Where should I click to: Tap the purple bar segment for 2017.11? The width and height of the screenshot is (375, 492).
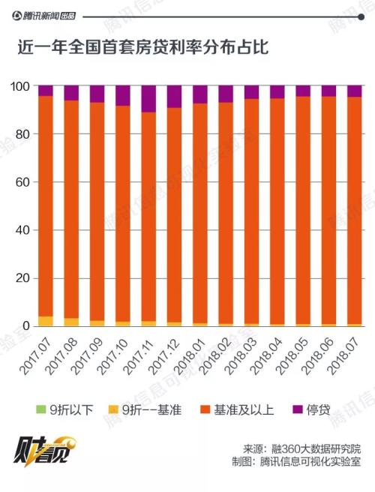point(148,98)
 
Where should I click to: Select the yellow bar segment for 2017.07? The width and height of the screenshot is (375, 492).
point(46,321)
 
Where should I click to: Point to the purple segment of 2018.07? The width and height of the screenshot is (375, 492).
point(355,91)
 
